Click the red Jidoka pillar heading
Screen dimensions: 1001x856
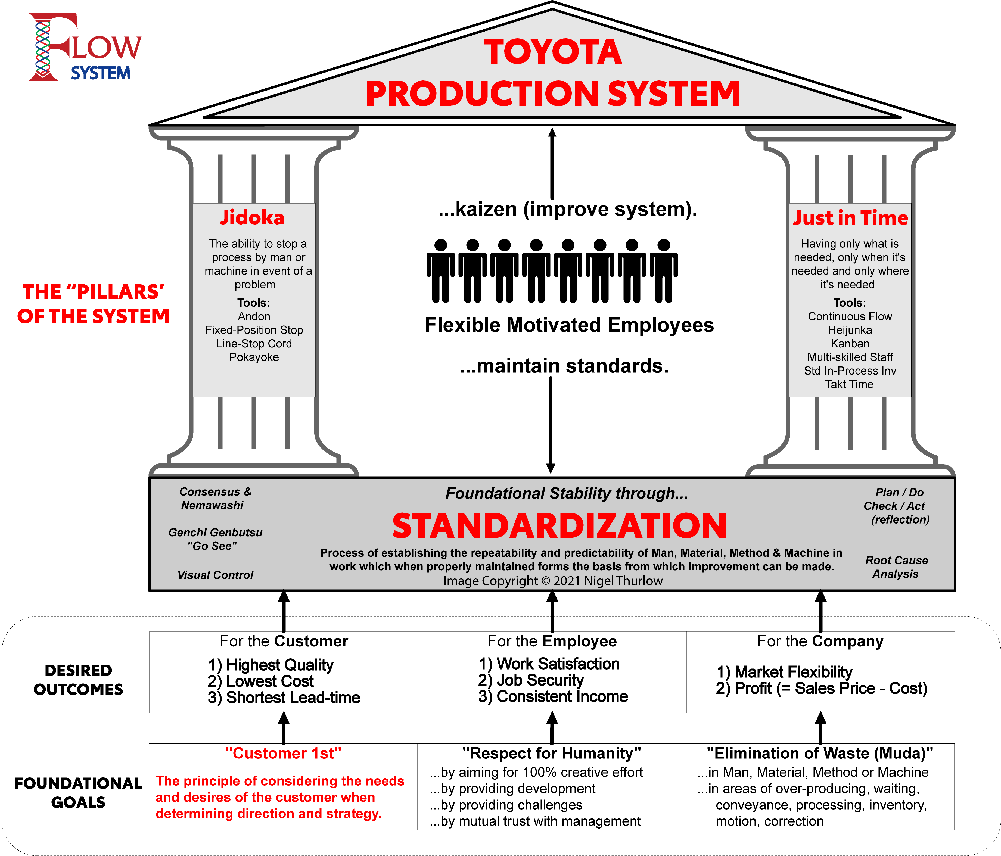[x=253, y=218]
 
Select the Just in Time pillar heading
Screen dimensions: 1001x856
[x=851, y=218]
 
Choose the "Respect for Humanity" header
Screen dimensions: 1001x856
[x=552, y=753]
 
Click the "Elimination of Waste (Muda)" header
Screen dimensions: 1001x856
[x=820, y=753]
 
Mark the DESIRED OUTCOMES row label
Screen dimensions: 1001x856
[x=78, y=680]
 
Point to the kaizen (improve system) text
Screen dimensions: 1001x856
[x=568, y=209]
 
